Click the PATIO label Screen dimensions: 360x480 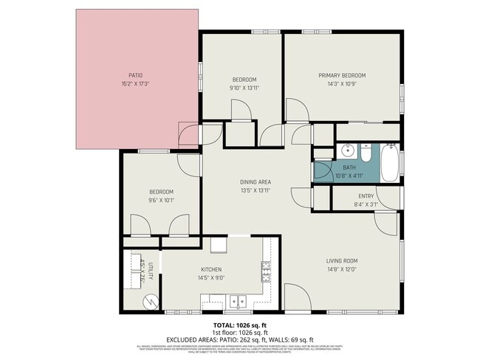(135, 75)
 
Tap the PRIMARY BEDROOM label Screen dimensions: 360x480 (342, 75)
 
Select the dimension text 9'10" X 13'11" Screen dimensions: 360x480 (244, 88)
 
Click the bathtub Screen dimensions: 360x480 (391, 163)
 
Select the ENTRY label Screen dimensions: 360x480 (366, 195)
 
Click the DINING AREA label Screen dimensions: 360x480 (256, 181)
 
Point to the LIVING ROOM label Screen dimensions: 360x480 (342, 260)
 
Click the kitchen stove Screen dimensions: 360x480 (265, 272)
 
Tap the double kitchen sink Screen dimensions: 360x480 (238, 301)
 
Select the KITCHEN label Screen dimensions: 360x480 (211, 269)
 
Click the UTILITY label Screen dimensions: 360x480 (150, 270)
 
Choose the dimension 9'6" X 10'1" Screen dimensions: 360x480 (161, 200)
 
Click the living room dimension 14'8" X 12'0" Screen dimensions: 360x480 (342, 269)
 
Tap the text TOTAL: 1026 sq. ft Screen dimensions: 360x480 (240, 325)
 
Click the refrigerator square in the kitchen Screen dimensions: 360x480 (219, 245)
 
